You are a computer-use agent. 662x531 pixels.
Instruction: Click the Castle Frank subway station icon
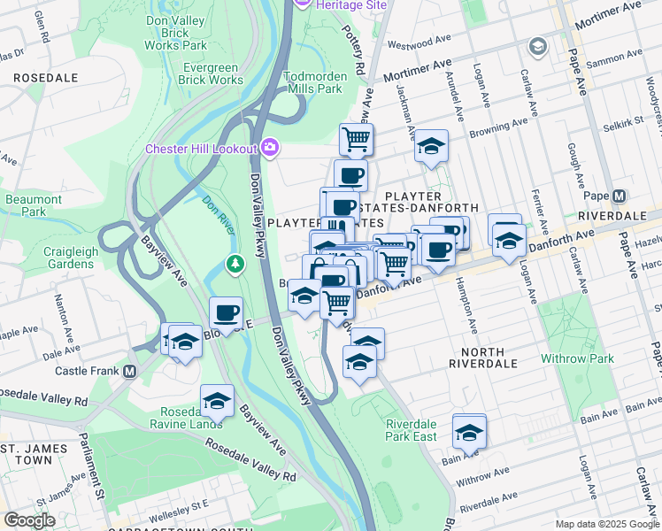coord(130,372)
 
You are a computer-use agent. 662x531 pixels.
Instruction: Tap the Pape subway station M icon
coord(619,196)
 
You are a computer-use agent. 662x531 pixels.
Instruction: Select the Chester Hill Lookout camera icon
coord(270,149)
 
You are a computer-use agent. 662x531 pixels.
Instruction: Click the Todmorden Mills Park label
coord(312,82)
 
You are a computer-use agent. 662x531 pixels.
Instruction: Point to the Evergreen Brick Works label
coord(212,73)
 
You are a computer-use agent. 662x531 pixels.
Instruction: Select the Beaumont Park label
coord(33,205)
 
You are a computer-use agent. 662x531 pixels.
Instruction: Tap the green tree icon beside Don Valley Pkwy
coord(235,263)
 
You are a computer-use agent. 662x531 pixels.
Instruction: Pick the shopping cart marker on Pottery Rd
coord(356,139)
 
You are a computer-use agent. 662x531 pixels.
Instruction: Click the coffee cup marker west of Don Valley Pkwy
coord(226,312)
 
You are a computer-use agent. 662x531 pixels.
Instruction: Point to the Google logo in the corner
coord(29,520)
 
